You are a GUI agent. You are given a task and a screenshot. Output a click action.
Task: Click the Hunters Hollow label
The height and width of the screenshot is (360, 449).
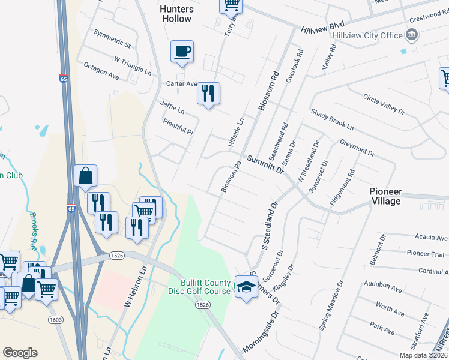tap(176, 14)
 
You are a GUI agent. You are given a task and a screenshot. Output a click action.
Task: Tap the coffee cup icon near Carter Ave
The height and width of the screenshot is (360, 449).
tap(182, 51)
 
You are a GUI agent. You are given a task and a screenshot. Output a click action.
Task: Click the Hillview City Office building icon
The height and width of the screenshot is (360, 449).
tap(412, 35)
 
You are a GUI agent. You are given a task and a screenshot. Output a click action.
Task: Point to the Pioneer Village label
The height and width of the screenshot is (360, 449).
tap(385, 196)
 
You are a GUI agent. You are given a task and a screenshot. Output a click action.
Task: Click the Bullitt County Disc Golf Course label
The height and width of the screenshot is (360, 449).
tap(206, 287)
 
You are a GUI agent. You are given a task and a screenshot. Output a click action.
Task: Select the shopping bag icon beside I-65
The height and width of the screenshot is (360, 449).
tap(86, 176)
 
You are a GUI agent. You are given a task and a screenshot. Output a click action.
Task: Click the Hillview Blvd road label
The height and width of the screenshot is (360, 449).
tap(322, 28)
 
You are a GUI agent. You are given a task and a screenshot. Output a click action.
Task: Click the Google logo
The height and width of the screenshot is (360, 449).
tap(20, 353)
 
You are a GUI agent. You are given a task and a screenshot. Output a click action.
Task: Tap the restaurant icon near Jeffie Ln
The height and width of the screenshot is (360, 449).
tap(208, 93)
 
